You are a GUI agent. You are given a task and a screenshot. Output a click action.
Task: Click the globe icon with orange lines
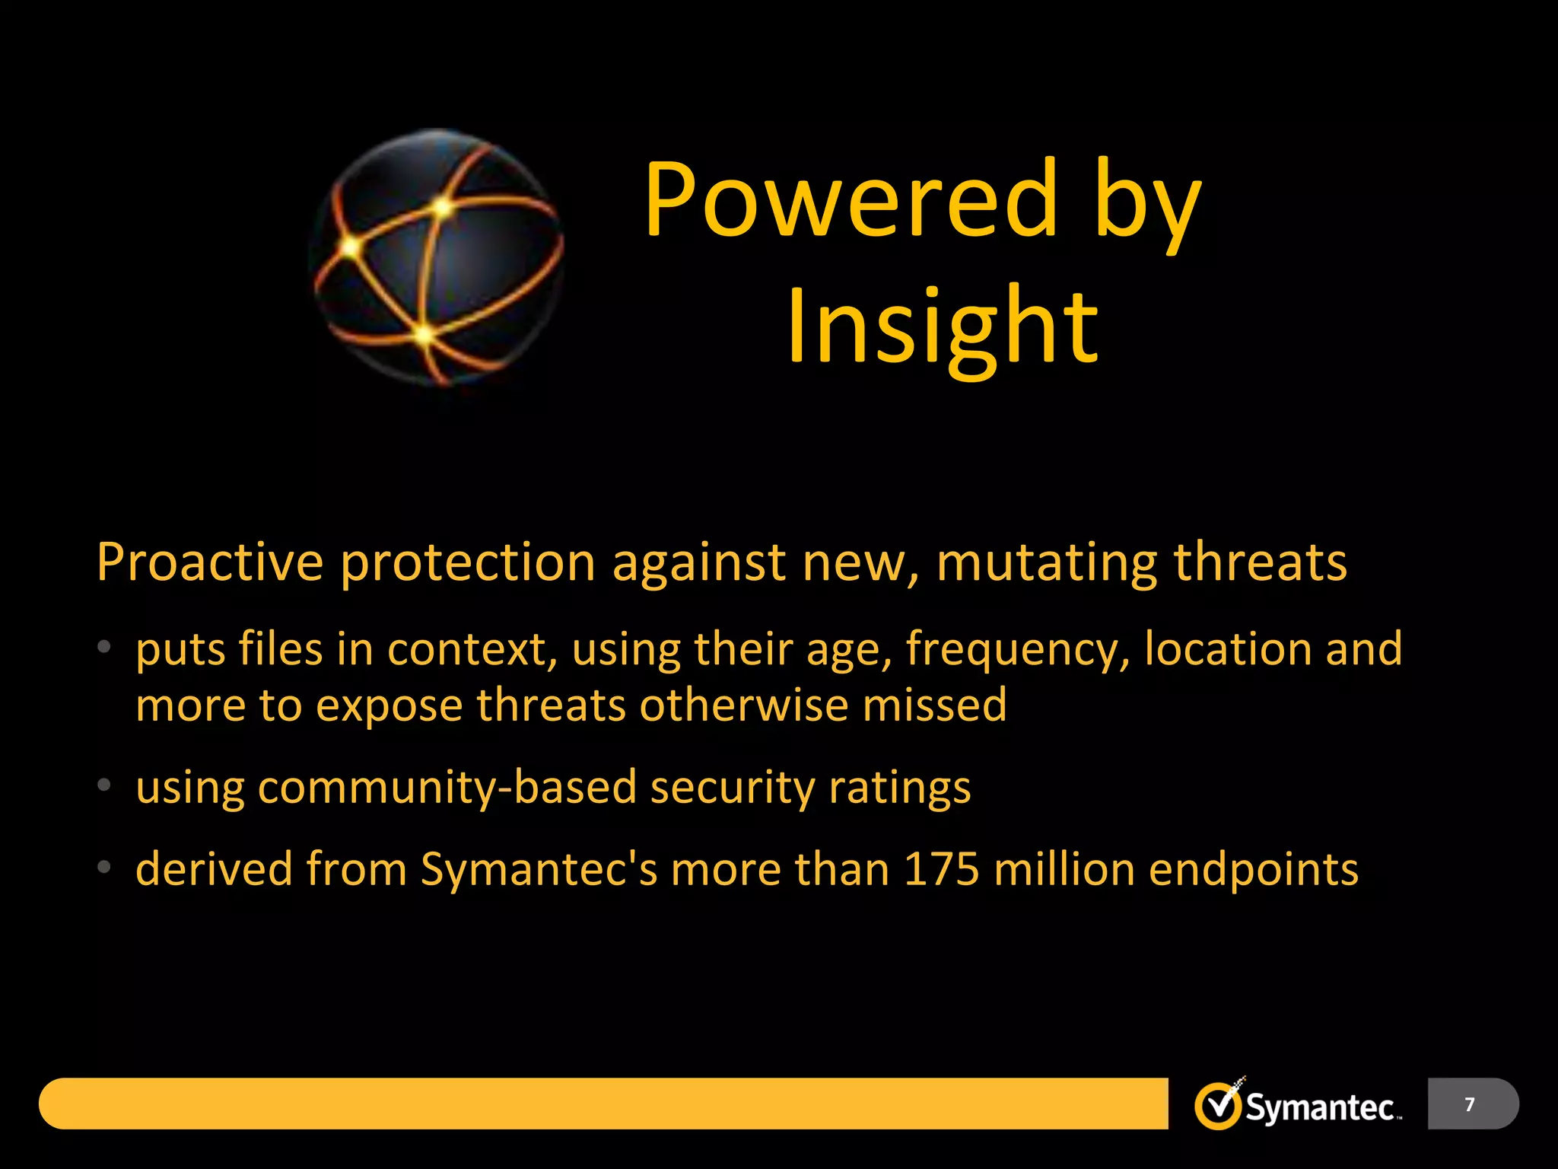click(x=437, y=257)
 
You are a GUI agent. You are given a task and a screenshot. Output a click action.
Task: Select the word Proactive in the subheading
click(x=210, y=563)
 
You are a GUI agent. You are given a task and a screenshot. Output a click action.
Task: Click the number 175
click(x=941, y=868)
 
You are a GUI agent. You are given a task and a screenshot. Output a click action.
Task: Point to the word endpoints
click(x=1253, y=870)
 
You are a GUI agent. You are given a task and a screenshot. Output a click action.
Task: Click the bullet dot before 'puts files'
click(x=104, y=648)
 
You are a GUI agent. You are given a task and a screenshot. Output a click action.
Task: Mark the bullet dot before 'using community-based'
click(x=104, y=785)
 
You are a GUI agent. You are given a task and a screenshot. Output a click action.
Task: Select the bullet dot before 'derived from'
click(x=104, y=867)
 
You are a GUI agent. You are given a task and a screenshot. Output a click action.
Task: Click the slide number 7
click(x=1470, y=1104)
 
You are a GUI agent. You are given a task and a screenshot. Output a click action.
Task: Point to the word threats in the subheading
click(x=1260, y=563)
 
